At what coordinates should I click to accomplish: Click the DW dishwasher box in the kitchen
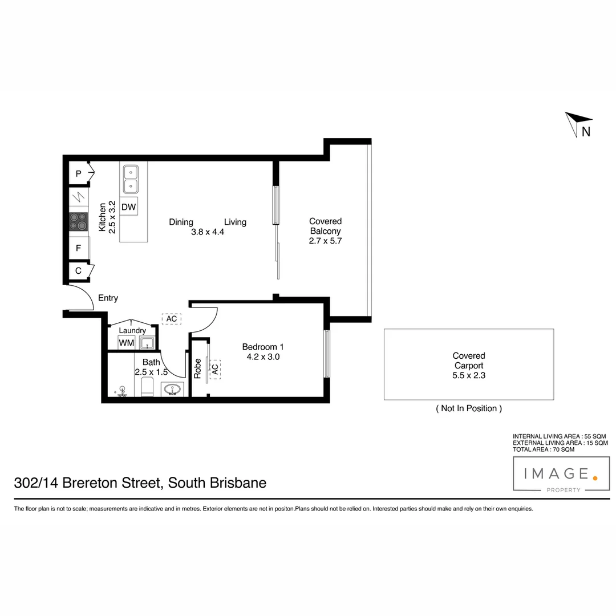coord(129,207)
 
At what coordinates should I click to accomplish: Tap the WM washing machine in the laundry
coord(126,343)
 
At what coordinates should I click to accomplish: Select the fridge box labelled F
coord(78,248)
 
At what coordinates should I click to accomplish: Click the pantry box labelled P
coord(78,173)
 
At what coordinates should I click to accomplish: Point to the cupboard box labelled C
coord(78,271)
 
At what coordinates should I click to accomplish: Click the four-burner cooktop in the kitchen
coord(79,222)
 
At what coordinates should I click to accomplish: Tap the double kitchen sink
coord(130,178)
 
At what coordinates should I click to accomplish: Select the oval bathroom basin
coord(172,390)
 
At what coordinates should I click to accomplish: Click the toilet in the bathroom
coord(147,388)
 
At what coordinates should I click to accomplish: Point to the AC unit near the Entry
coord(171,319)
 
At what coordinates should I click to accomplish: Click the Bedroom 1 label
coord(262,347)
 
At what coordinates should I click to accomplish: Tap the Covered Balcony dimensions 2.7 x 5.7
coord(325,241)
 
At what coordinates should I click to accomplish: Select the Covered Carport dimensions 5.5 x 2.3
coord(469,375)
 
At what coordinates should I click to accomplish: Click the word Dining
coord(181,222)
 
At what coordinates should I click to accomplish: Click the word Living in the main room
coord(235,222)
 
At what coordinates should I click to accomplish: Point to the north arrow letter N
coord(586,132)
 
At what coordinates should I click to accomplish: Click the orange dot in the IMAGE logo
coord(595,478)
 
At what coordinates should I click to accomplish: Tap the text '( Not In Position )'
coord(469,408)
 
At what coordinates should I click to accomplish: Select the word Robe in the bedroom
coord(197,368)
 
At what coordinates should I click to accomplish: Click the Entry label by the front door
coord(108,298)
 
